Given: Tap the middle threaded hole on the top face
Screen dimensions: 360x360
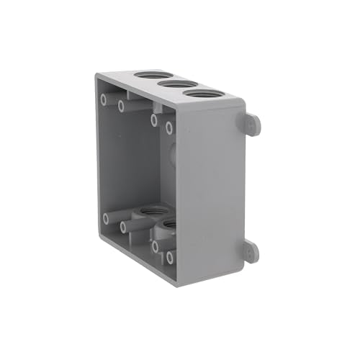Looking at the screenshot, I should click(172, 84).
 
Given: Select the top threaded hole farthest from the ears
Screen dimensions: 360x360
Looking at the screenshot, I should click(149, 76).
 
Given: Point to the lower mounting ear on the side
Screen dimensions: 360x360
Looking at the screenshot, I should click(251, 251).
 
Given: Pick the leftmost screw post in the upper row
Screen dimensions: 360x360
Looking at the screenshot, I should click(105, 98).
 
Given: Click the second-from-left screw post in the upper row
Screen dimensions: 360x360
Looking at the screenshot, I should click(122, 107).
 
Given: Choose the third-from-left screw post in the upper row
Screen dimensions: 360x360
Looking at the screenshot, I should click(154, 120).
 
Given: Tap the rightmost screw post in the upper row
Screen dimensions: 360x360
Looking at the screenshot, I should click(169, 128).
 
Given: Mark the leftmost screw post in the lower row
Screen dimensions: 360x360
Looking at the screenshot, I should click(107, 217).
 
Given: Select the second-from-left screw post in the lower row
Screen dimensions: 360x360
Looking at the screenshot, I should click(123, 227).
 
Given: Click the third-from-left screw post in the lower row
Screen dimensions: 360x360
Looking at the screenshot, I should click(154, 246).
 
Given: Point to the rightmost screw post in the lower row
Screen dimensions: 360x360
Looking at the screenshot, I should click(169, 256).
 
